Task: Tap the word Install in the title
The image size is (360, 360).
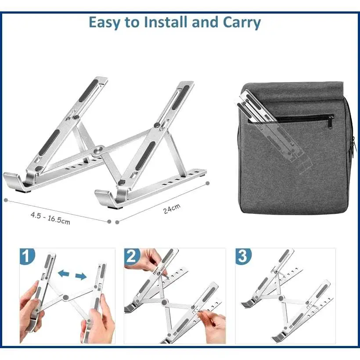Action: (166, 22)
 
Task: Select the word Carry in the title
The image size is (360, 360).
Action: (242, 23)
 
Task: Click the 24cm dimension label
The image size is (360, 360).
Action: (172, 209)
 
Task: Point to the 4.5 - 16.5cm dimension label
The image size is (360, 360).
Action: (50, 218)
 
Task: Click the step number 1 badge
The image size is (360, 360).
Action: (27, 256)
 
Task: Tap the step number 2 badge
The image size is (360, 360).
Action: (132, 256)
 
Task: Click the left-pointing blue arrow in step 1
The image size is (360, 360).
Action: (64, 274)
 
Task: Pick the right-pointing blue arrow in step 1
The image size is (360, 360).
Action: (81, 276)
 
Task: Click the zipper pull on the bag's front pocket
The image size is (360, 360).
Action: (331, 122)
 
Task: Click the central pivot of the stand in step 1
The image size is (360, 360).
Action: (66, 298)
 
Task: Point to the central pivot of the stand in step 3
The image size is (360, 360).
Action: (281, 298)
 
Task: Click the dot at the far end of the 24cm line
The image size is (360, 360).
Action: (208, 183)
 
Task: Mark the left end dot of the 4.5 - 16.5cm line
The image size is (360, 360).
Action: (6, 200)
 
